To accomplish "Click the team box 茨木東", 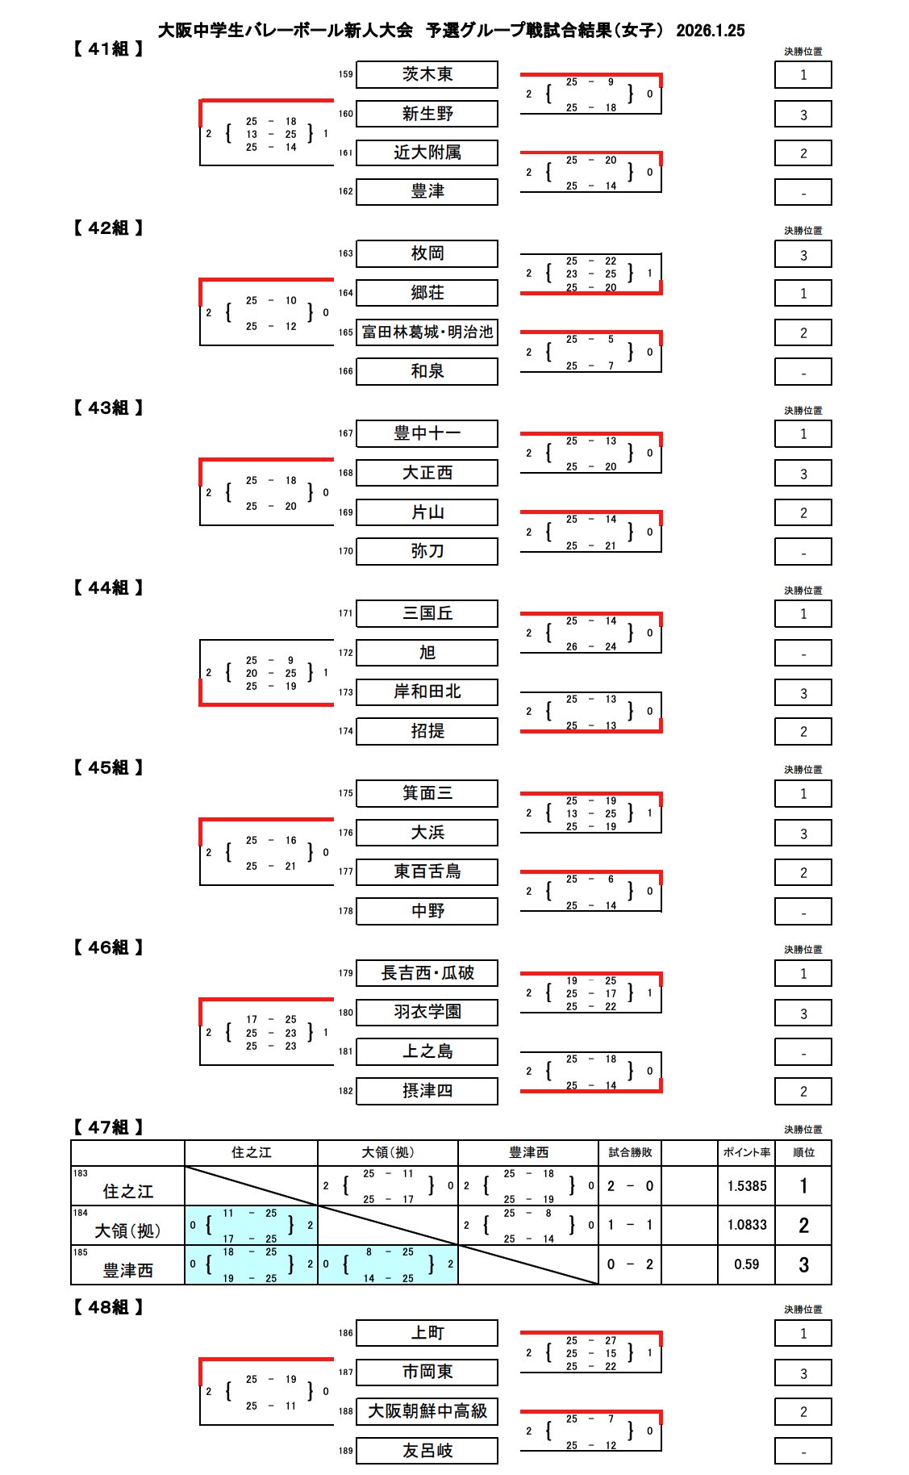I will (427, 75).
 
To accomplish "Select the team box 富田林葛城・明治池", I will (427, 332).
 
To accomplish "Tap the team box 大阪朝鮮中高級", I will (427, 1411).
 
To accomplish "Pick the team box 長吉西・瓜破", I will (427, 973).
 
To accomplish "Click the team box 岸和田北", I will (427, 692).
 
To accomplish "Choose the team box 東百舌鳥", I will (427, 871).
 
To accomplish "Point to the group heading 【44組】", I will (108, 588).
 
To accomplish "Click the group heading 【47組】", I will (108, 1127).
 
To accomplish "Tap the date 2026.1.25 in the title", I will (710, 31).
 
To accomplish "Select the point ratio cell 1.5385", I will (746, 1186).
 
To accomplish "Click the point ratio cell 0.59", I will (746, 1264).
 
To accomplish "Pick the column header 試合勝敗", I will (630, 1152).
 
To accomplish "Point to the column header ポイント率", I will (746, 1152).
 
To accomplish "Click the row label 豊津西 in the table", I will (127, 1270).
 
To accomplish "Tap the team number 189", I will (345, 1450).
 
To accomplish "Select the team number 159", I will (345, 74).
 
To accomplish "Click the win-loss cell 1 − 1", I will (630, 1225).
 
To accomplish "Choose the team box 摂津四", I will (427, 1091).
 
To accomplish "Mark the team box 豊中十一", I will (427, 433).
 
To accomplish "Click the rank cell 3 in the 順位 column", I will (803, 1264).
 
